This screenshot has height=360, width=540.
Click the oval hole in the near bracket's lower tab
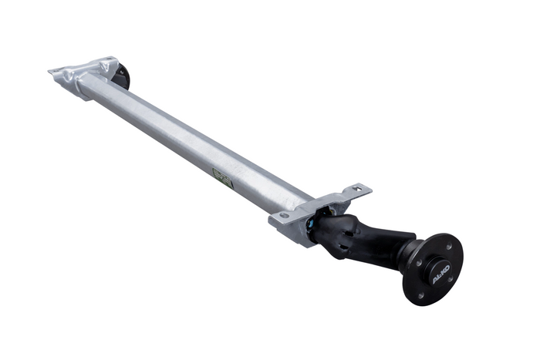point(284,215)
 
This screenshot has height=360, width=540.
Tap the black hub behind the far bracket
point(122,76)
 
